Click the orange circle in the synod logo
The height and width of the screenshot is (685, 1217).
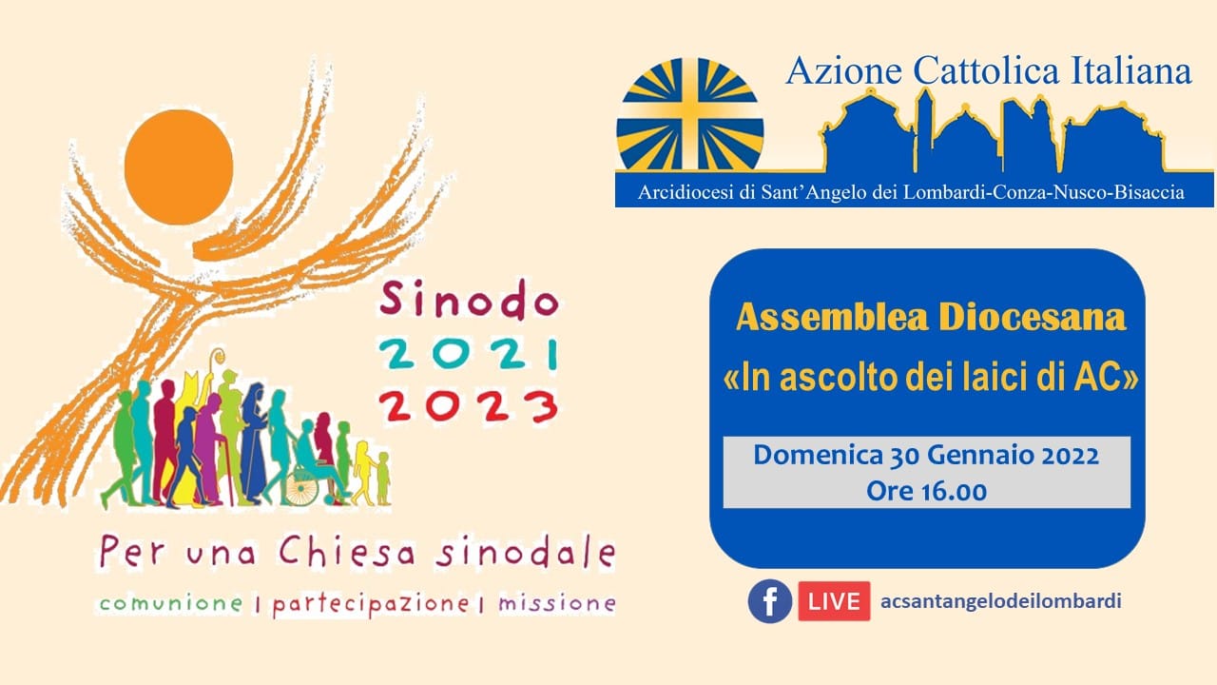179,166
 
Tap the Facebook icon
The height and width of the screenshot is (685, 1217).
770,601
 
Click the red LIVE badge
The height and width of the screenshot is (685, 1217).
834,601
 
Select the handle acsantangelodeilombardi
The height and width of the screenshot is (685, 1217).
1001,600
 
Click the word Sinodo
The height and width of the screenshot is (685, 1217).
469,299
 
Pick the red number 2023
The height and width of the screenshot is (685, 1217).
469,406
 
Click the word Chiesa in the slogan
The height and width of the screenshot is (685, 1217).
348,552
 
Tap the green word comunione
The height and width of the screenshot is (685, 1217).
171,603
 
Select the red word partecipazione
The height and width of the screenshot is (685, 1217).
371,605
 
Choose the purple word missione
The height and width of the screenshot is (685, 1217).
557,603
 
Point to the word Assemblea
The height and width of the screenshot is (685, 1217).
832,318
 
